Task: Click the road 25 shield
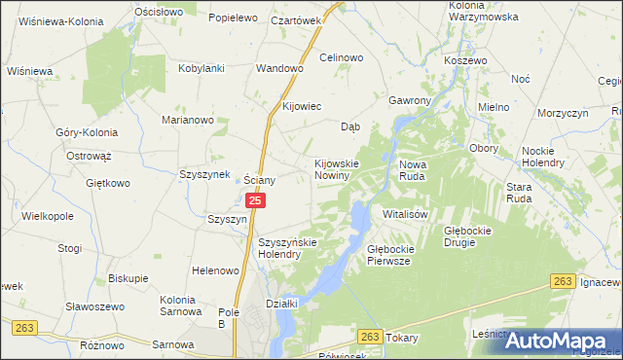click(x=255, y=200)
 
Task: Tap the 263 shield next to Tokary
click(x=368, y=336)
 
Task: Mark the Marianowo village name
click(x=187, y=120)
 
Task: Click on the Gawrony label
click(x=409, y=100)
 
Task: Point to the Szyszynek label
click(x=203, y=174)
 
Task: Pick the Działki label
click(x=281, y=304)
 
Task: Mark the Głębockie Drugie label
click(x=472, y=236)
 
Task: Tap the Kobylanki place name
click(x=202, y=68)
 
